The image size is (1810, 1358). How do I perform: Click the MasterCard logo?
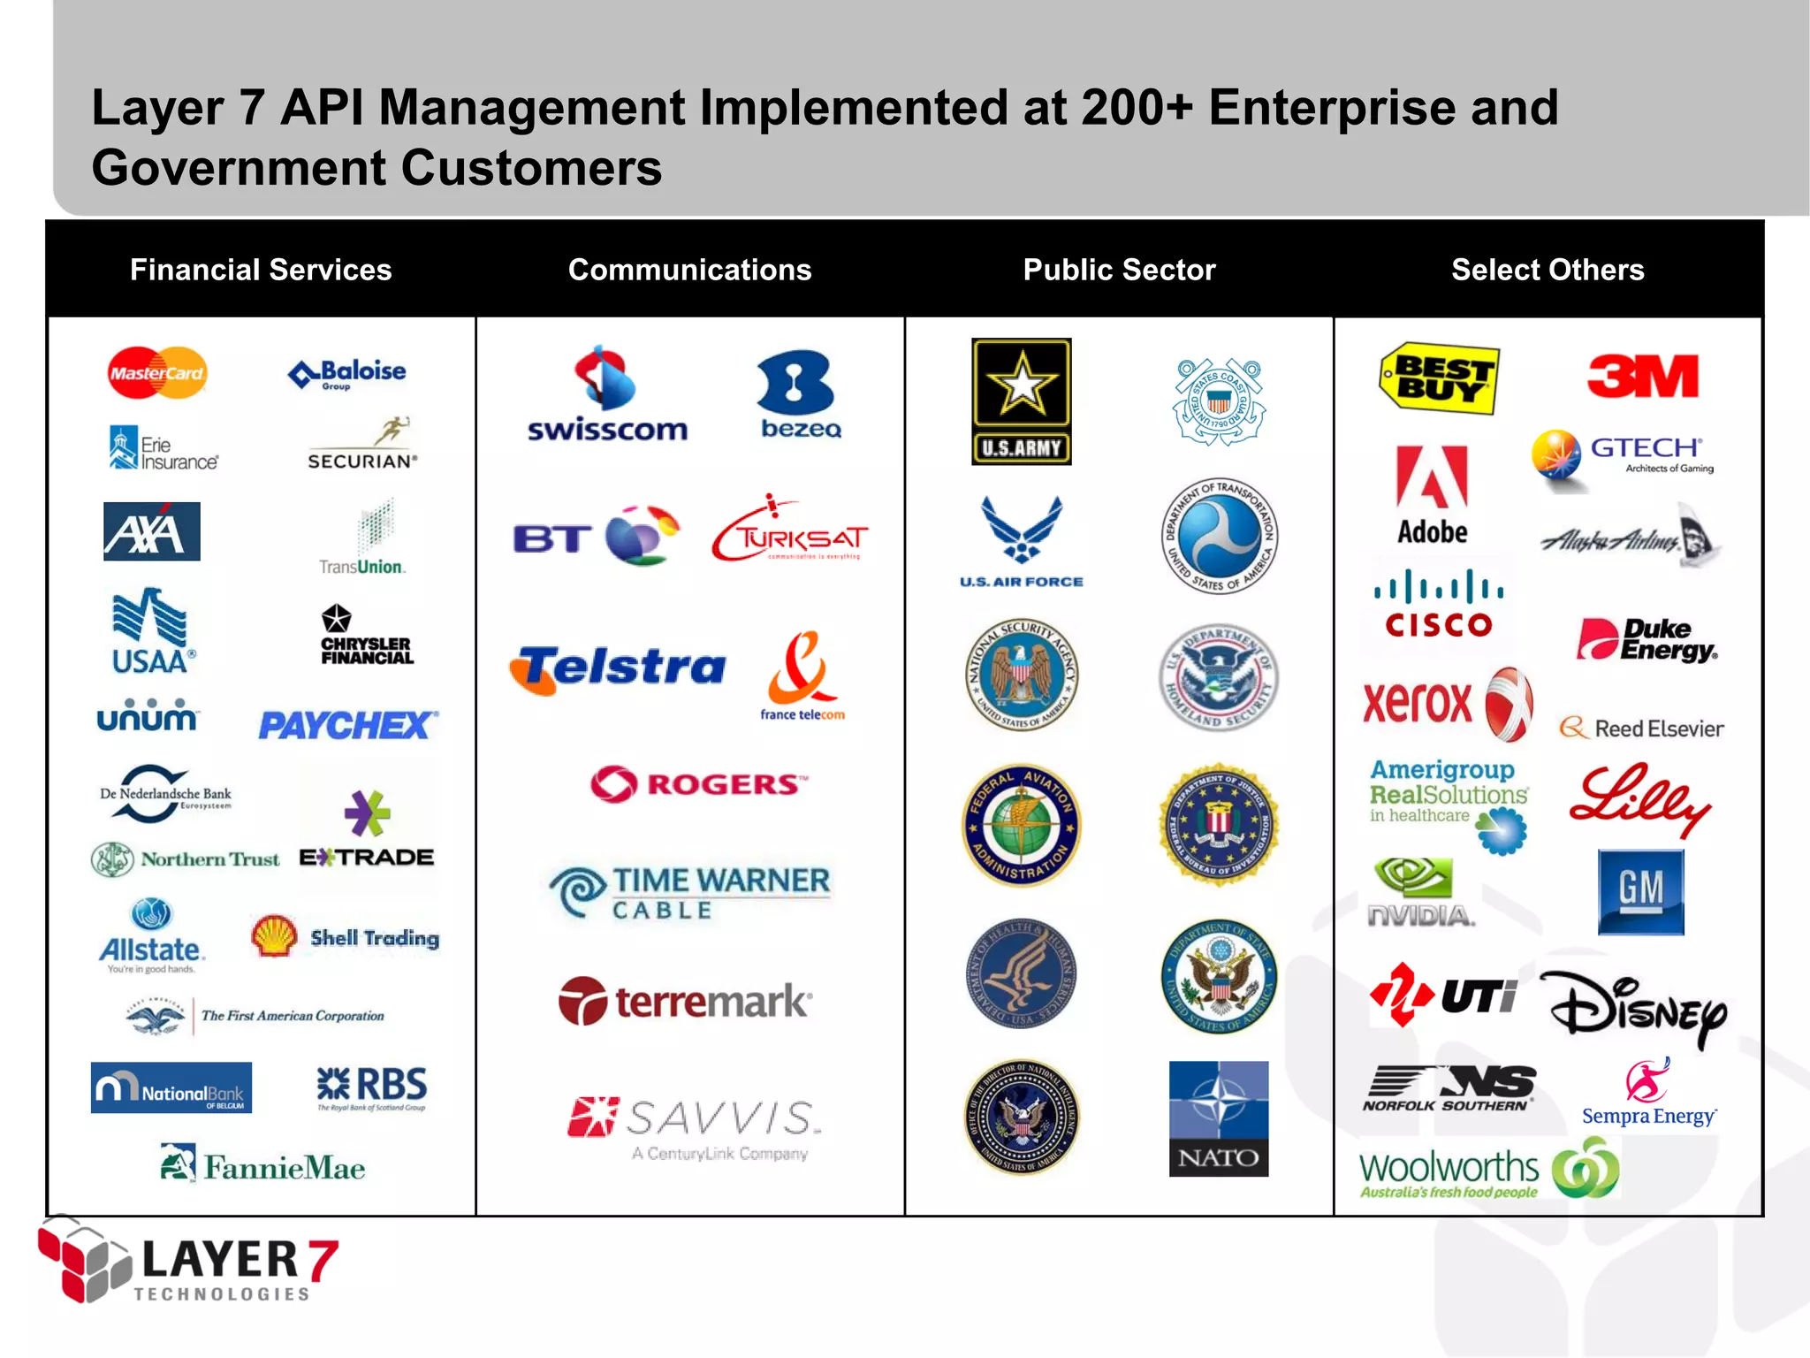click(x=157, y=373)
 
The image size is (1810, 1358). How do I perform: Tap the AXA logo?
click(x=152, y=531)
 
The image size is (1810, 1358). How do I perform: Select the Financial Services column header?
click(x=261, y=270)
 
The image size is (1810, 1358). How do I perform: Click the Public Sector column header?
click(x=1119, y=270)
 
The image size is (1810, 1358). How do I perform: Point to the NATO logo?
click(x=1218, y=1118)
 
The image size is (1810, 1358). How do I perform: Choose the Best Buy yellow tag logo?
click(x=1439, y=378)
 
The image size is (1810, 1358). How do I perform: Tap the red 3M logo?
click(x=1643, y=377)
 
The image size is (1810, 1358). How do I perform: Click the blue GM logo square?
click(x=1640, y=891)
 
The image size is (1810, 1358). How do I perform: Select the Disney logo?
click(x=1635, y=1008)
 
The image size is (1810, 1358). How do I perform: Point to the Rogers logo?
click(x=698, y=783)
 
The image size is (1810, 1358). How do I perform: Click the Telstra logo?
click(x=619, y=668)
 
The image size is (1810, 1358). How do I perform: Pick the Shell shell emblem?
click(x=274, y=935)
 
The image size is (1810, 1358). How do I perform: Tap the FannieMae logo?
click(x=263, y=1165)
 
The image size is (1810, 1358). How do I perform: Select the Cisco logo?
click(x=1438, y=605)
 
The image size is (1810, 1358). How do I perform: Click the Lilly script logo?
click(x=1639, y=798)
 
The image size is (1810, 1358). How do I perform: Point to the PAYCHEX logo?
click(x=347, y=726)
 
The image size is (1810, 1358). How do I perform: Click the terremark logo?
click(x=685, y=1002)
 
